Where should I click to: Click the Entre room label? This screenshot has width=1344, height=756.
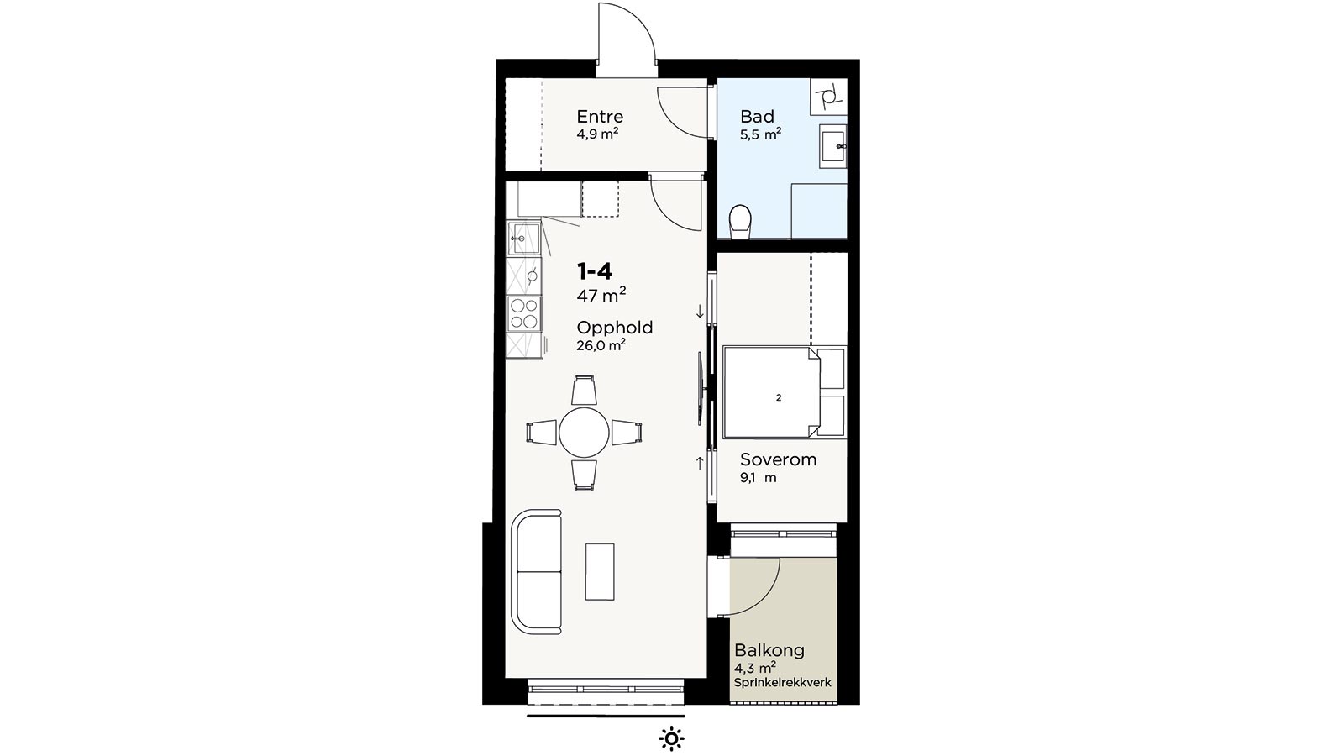pos(600,117)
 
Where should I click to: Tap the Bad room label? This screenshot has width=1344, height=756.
pos(757,117)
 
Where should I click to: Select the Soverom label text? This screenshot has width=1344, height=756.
pos(778,459)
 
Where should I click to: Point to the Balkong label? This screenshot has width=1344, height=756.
pos(769,650)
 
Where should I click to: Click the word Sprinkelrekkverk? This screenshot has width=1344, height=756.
pos(782,683)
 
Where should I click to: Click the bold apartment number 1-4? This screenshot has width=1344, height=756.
pos(595,272)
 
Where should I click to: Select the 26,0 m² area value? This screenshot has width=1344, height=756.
pos(601,345)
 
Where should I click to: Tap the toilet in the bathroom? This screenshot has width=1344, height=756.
pos(740,222)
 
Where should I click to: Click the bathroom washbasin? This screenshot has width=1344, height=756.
pos(832,146)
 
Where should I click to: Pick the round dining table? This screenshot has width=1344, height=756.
pos(584,432)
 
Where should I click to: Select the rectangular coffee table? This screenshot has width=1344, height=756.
pos(600,571)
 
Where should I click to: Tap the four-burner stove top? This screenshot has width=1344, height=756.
pos(524,314)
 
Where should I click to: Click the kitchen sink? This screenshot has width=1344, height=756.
pos(524,239)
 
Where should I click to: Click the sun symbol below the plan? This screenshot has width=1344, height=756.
pos(671,738)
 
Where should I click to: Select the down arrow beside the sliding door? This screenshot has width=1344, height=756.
pos(700,312)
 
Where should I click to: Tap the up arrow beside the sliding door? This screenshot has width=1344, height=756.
pos(700,463)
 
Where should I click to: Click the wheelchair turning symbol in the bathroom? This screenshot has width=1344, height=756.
pos(828,96)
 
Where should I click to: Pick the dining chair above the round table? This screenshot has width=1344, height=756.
pos(584,390)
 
